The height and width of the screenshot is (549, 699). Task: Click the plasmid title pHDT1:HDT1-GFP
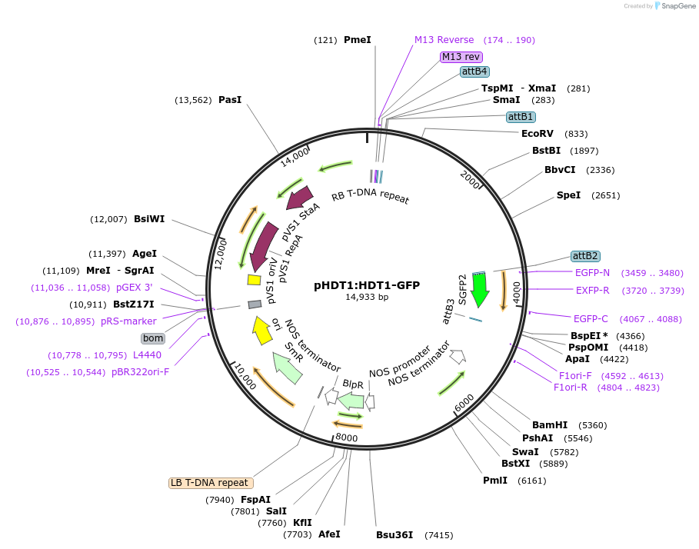pyautogui.click(x=367, y=285)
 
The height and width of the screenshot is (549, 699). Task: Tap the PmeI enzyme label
pyautogui.click(x=357, y=39)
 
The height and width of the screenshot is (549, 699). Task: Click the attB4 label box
pyautogui.click(x=474, y=72)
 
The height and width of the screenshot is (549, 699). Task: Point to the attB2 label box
pyautogui.click(x=584, y=256)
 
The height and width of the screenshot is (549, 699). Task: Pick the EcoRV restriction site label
pyautogui.click(x=538, y=133)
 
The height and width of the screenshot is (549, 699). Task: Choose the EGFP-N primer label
pyautogui.click(x=592, y=272)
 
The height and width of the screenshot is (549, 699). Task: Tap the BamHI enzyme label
pyautogui.click(x=550, y=424)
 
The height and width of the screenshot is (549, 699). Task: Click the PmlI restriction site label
pyautogui.click(x=495, y=481)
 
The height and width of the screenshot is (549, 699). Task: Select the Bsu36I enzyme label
pyautogui.click(x=394, y=534)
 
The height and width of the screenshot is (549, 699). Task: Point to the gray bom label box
pyautogui.click(x=153, y=338)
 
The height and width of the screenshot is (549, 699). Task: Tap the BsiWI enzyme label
pyautogui.click(x=149, y=219)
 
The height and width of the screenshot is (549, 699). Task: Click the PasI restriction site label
pyautogui.click(x=230, y=99)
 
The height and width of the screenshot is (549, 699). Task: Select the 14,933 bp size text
pyautogui.click(x=367, y=297)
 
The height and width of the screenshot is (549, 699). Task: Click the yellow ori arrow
pyautogui.click(x=262, y=330)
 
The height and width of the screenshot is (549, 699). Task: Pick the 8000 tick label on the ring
pyautogui.click(x=346, y=438)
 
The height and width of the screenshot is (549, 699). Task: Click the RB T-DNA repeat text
pyautogui.click(x=371, y=196)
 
